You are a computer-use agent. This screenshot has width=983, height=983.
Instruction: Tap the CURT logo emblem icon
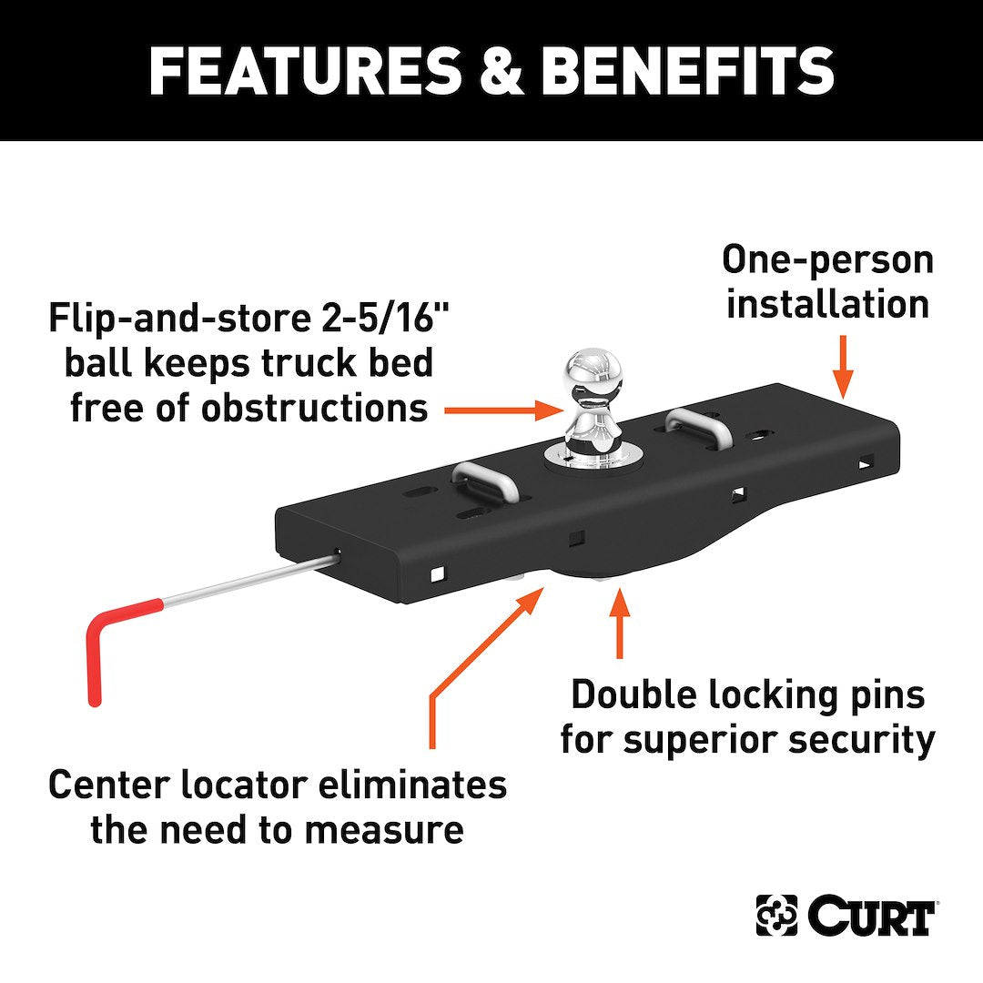776,916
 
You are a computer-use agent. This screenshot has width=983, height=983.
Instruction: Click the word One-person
827,260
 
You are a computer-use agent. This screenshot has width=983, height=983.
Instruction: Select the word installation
827,304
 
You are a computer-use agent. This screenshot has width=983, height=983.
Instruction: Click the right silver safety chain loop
698,426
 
